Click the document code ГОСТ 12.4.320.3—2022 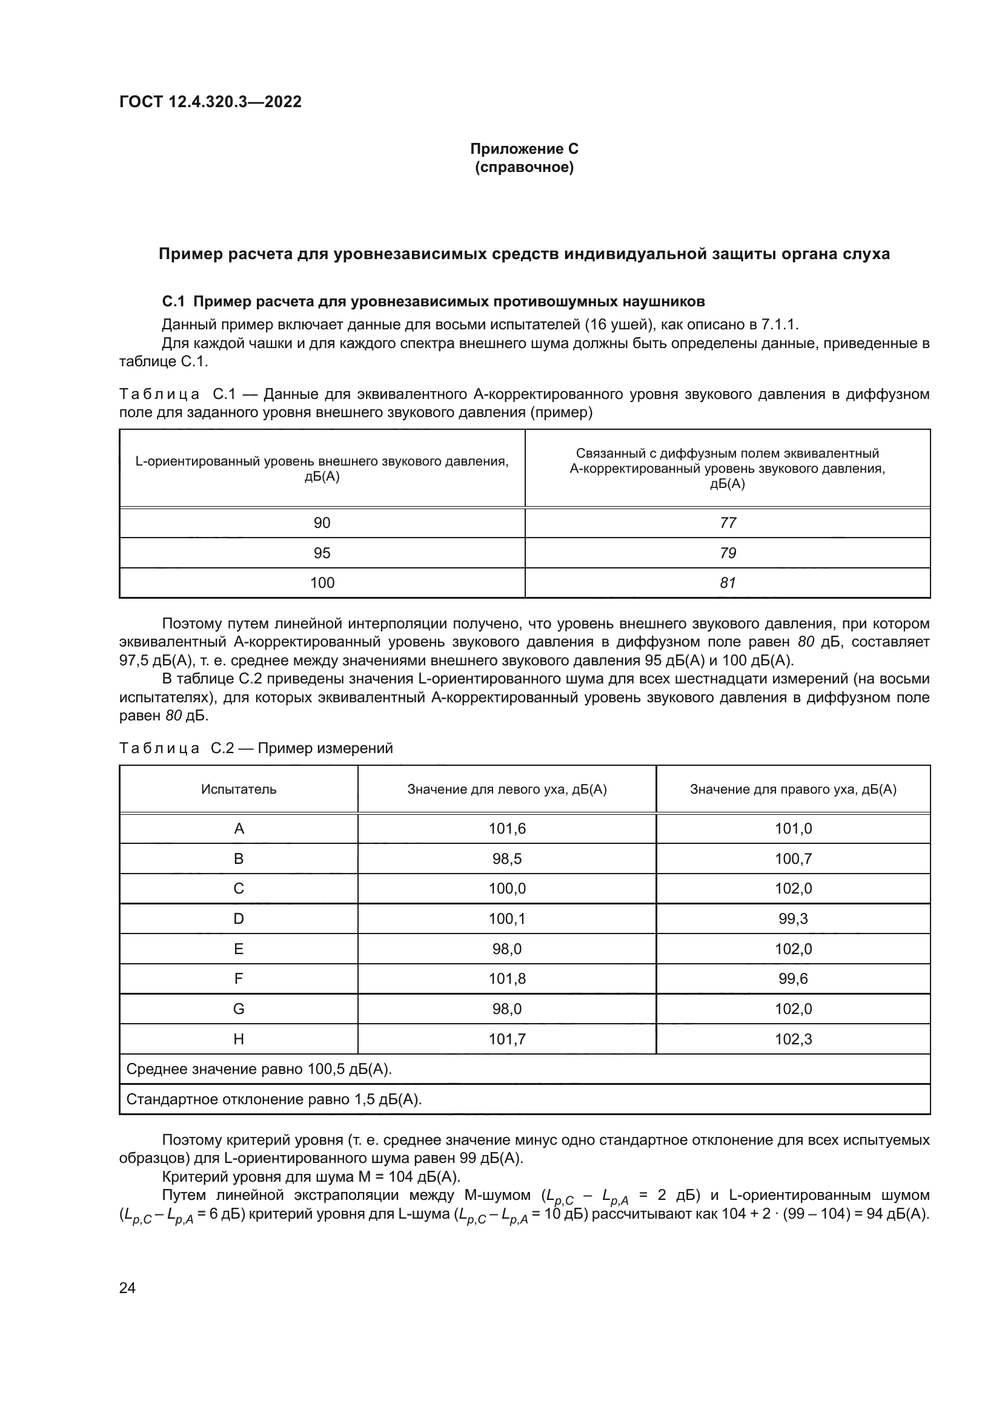coord(210,102)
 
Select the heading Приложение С coord(524,149)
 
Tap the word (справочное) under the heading coord(524,167)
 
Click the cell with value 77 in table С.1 coord(728,523)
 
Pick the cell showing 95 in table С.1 coord(322,553)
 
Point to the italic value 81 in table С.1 coord(728,583)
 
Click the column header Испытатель coord(238,789)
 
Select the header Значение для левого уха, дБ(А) coord(506,789)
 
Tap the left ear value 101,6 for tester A coord(506,829)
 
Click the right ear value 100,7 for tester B coord(793,859)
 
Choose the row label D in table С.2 coord(238,919)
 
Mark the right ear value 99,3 coord(793,919)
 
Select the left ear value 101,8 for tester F coord(506,979)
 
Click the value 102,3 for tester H coord(793,1039)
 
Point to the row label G coord(238,1009)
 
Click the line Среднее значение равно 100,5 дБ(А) coord(259,1069)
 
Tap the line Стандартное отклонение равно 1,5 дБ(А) coord(273,1099)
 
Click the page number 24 coord(127,1288)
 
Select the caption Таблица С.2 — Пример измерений coord(256,748)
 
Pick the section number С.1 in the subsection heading coord(173,301)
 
